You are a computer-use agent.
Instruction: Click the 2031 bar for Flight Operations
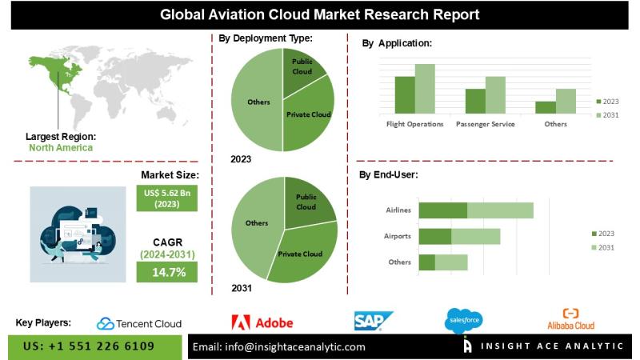[x=425, y=89]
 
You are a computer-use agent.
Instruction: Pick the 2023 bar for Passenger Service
[x=475, y=101]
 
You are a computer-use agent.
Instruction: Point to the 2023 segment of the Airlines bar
[x=442, y=210]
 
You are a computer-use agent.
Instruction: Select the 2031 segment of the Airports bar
[x=475, y=236]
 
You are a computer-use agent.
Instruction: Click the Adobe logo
[x=262, y=322]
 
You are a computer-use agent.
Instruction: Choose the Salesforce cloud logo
[x=463, y=322]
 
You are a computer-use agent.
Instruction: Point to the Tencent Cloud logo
[x=139, y=323]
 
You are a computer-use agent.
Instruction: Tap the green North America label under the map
[x=60, y=147]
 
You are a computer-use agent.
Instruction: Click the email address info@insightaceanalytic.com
[x=279, y=346]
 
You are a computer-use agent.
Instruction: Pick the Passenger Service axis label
[x=485, y=125]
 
